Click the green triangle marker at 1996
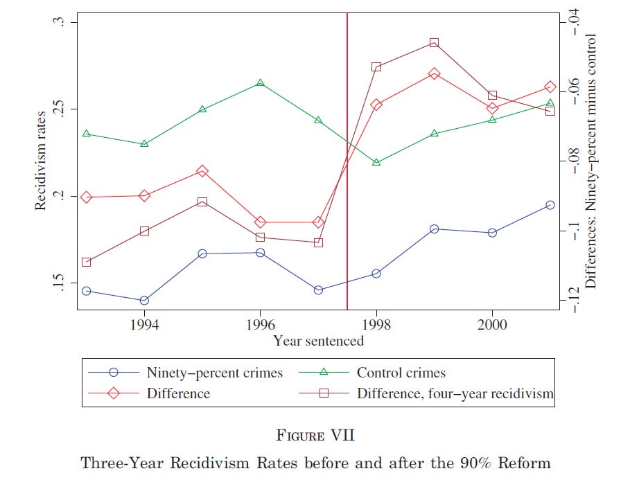tap(260, 83)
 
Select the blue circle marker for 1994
tap(144, 301)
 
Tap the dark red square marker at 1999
tap(434, 43)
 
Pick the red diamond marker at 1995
tap(202, 171)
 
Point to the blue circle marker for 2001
tap(550, 205)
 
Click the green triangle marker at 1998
tap(376, 162)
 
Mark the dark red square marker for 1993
tap(87, 263)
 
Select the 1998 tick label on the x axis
tap(376, 325)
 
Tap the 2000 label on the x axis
tap(492, 325)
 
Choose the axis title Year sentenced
tap(318, 341)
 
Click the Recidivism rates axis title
tap(41, 159)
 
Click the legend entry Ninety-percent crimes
tap(215, 373)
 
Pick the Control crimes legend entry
tap(401, 373)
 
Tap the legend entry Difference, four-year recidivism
tap(455, 394)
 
